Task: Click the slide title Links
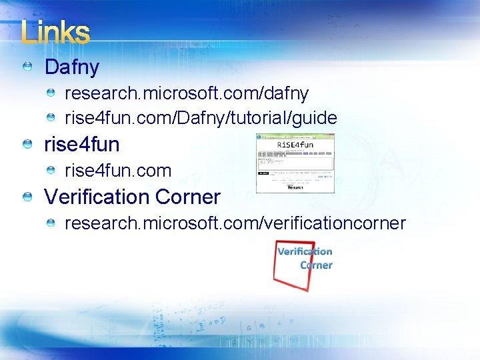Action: [55, 33]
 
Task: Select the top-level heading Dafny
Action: [71, 67]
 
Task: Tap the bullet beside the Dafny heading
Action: [27, 67]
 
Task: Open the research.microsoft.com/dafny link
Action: [186, 93]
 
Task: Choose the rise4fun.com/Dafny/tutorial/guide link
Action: [200, 119]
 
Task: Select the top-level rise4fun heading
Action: [81, 145]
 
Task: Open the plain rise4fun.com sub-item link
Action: [117, 171]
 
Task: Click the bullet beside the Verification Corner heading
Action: [27, 197]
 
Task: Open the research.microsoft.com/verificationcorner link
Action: [235, 223]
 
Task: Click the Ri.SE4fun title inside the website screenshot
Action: [295, 144]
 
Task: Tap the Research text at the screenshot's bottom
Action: [295, 188]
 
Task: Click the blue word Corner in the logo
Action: [316, 265]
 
